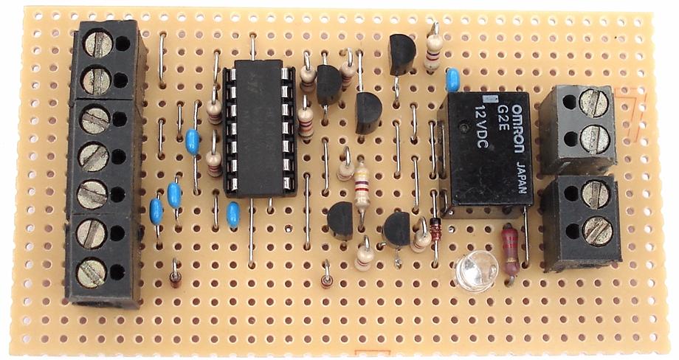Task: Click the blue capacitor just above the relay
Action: point(453,77)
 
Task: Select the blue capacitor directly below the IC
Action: point(233,215)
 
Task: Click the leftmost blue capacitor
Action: point(156,211)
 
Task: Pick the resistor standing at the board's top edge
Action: point(435,48)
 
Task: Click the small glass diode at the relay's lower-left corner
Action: point(435,230)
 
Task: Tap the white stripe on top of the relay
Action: point(487,98)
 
